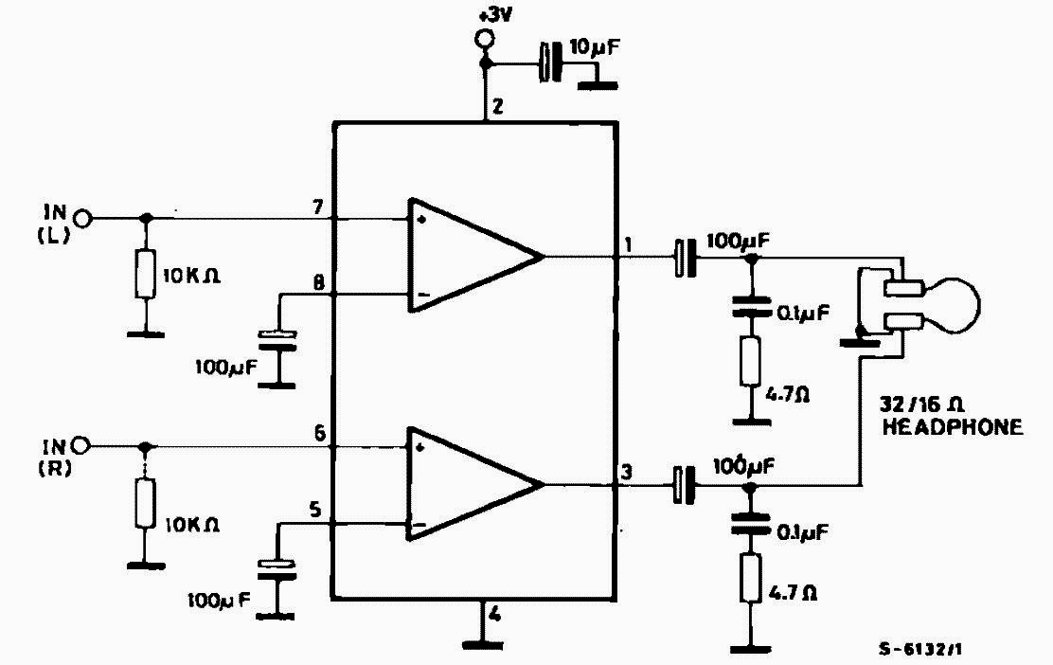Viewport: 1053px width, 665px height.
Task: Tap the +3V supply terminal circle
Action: click(x=485, y=40)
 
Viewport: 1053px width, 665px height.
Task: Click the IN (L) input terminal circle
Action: click(x=84, y=219)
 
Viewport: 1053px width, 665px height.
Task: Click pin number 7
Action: click(x=317, y=207)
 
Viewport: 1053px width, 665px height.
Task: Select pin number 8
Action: click(x=317, y=282)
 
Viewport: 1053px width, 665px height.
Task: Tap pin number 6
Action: click(x=319, y=433)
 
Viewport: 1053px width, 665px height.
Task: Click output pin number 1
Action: click(x=629, y=244)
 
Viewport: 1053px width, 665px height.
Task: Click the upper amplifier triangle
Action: click(x=469, y=256)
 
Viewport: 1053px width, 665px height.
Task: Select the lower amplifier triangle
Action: click(x=469, y=484)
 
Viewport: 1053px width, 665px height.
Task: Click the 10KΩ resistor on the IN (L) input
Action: click(x=145, y=274)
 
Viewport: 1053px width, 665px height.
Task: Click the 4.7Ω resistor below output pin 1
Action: click(x=752, y=360)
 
